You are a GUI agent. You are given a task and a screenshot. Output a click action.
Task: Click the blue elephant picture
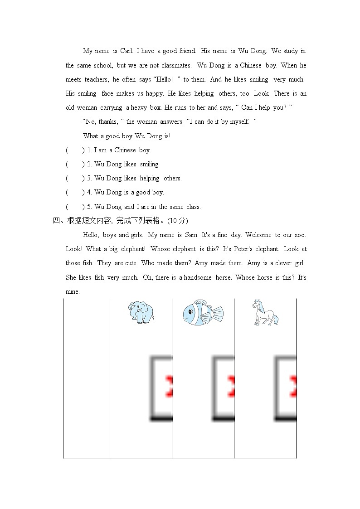[x=141, y=312]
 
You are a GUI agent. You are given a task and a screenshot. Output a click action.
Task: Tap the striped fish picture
[x=203, y=313]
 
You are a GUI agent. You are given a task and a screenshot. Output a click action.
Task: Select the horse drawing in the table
[x=265, y=312]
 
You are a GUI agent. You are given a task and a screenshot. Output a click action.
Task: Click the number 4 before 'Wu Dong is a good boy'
[x=89, y=192]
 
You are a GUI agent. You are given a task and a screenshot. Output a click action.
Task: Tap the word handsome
[x=198, y=277]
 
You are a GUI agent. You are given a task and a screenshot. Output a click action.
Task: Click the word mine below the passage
[x=73, y=291]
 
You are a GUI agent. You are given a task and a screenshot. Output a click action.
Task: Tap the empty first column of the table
[x=87, y=378]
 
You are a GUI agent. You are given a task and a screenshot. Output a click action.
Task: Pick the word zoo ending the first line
[x=300, y=235]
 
